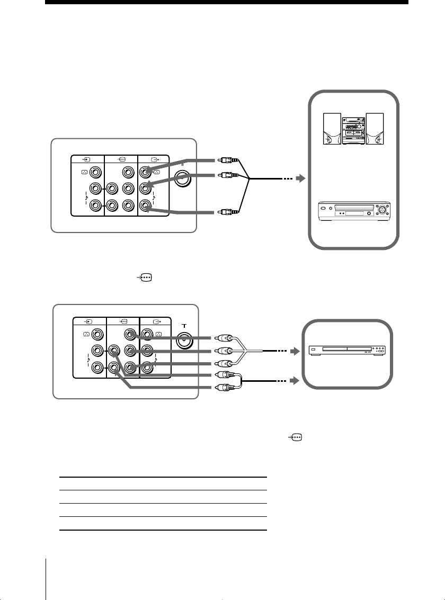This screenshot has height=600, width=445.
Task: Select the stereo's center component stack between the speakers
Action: point(353,129)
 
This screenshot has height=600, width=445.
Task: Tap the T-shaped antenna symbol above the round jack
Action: point(183,327)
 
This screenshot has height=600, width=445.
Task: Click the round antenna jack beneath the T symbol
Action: point(183,341)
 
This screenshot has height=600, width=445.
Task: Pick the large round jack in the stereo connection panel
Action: point(183,178)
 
